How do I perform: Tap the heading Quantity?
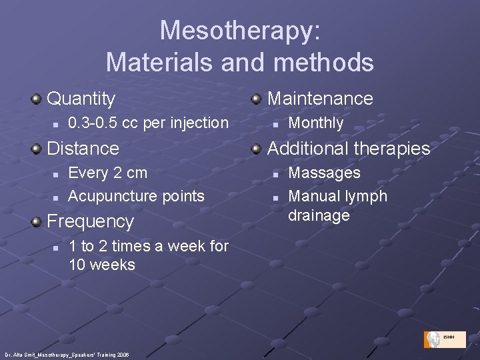point(81,99)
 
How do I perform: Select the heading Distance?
point(83,148)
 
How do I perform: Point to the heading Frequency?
point(91,221)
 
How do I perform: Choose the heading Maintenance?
point(320,99)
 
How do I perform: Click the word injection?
point(199,123)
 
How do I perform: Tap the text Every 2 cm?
point(107,173)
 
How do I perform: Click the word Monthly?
point(315,123)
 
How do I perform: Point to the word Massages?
point(324,173)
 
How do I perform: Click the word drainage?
point(319,215)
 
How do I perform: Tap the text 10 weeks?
point(102,265)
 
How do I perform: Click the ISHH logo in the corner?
point(444,339)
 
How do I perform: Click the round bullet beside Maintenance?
point(256,99)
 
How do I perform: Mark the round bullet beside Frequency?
point(37,221)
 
